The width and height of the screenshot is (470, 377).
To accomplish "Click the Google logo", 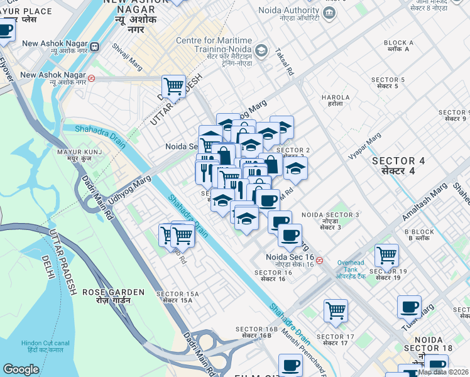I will click(x=21, y=369).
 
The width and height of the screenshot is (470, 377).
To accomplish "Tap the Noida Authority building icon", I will click(x=329, y=13).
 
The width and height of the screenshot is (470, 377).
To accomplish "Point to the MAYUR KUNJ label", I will click(x=85, y=156).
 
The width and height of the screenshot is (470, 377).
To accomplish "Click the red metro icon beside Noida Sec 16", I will click(x=320, y=260).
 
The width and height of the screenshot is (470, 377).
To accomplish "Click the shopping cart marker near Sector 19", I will click(x=386, y=254).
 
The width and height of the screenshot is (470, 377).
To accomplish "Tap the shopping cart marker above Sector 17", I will click(x=336, y=309).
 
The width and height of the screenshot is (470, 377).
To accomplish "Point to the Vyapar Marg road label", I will click(x=366, y=146).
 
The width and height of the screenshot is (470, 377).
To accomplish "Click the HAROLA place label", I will click(x=335, y=101).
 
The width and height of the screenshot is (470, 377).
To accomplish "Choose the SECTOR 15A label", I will click(x=177, y=297).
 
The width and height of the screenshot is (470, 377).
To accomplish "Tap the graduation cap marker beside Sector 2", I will click(x=295, y=167).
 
